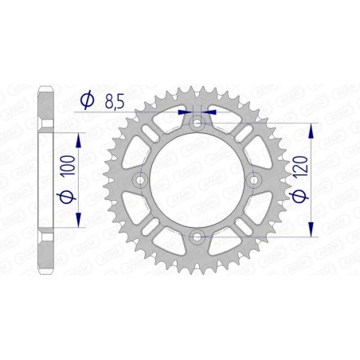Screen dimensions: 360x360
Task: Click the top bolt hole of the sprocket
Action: (197, 123)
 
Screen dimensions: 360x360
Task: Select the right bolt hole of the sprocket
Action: (252, 179)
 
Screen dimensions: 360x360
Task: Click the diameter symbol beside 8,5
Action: (88, 100)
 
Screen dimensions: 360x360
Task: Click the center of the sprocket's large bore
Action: (197, 179)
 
